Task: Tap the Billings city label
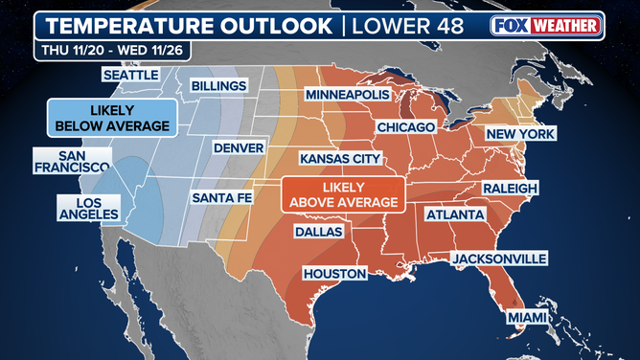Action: click(x=217, y=86)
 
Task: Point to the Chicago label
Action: click(x=406, y=126)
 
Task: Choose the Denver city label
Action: click(x=238, y=148)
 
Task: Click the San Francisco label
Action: click(x=71, y=161)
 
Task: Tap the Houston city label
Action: click(x=334, y=274)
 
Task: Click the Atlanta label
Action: click(x=454, y=215)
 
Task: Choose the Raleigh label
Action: click(x=510, y=188)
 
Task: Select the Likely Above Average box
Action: click(x=342, y=194)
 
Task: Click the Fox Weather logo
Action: click(x=546, y=26)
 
